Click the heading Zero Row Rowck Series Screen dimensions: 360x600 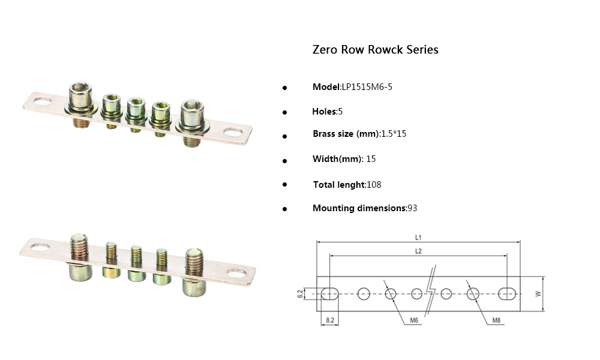375,50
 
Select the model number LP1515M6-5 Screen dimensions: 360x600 367,87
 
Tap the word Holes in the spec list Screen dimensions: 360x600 325,112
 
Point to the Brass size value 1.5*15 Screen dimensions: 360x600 394,134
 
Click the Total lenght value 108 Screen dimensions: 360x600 374,185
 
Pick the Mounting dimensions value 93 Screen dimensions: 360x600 412,208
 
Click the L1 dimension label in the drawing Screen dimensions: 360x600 418,237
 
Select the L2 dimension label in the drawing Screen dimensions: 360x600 418,251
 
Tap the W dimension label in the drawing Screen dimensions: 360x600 538,293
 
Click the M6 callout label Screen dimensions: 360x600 414,320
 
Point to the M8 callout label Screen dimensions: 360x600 496,320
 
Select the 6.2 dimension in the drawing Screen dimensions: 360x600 300,293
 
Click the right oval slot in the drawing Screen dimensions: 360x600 508,293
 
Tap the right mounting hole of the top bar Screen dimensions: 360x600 233,131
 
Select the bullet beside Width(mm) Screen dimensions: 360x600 284,160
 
